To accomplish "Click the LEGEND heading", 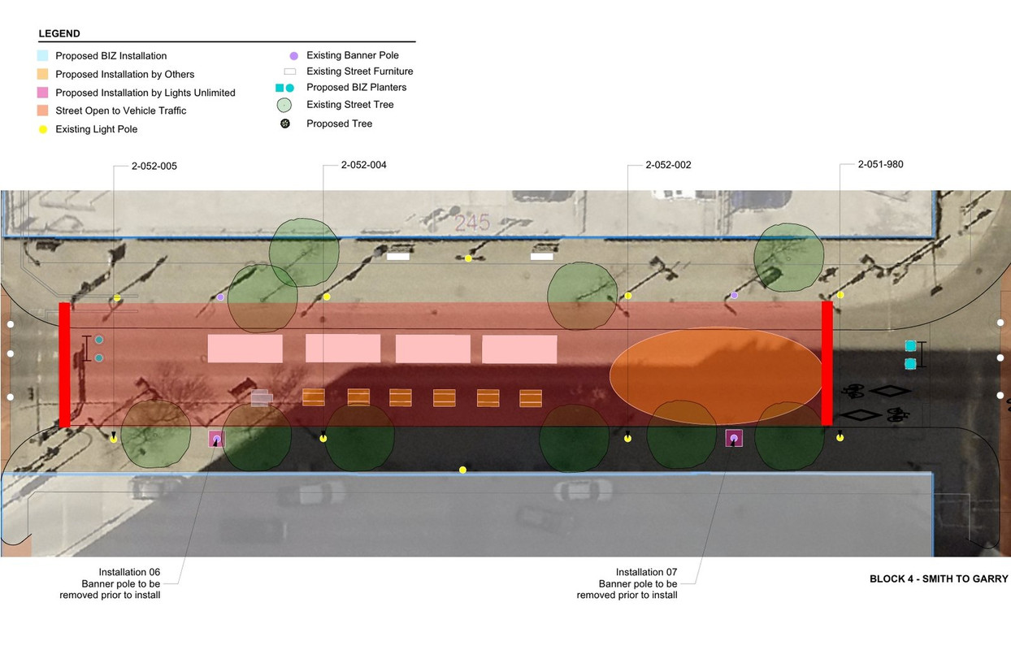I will [x=59, y=34].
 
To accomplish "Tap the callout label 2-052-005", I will [x=154, y=166].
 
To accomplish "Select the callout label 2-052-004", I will [x=363, y=165].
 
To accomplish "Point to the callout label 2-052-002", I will [x=668, y=165].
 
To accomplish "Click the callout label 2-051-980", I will [x=880, y=164].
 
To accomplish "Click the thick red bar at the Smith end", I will [x=64, y=365].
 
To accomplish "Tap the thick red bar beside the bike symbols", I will [x=827, y=363].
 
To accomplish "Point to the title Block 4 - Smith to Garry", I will [x=939, y=579].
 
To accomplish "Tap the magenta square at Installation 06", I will [x=216, y=439].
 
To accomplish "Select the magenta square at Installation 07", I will [x=734, y=438].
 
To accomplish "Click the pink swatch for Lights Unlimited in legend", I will [x=42, y=93].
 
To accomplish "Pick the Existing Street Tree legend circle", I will [x=284, y=105].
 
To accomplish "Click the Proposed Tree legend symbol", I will [x=284, y=123].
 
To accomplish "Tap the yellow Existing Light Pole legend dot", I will [x=42, y=129].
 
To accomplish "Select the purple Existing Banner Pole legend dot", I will [x=293, y=56].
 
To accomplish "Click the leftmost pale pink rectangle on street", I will [x=245, y=349].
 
